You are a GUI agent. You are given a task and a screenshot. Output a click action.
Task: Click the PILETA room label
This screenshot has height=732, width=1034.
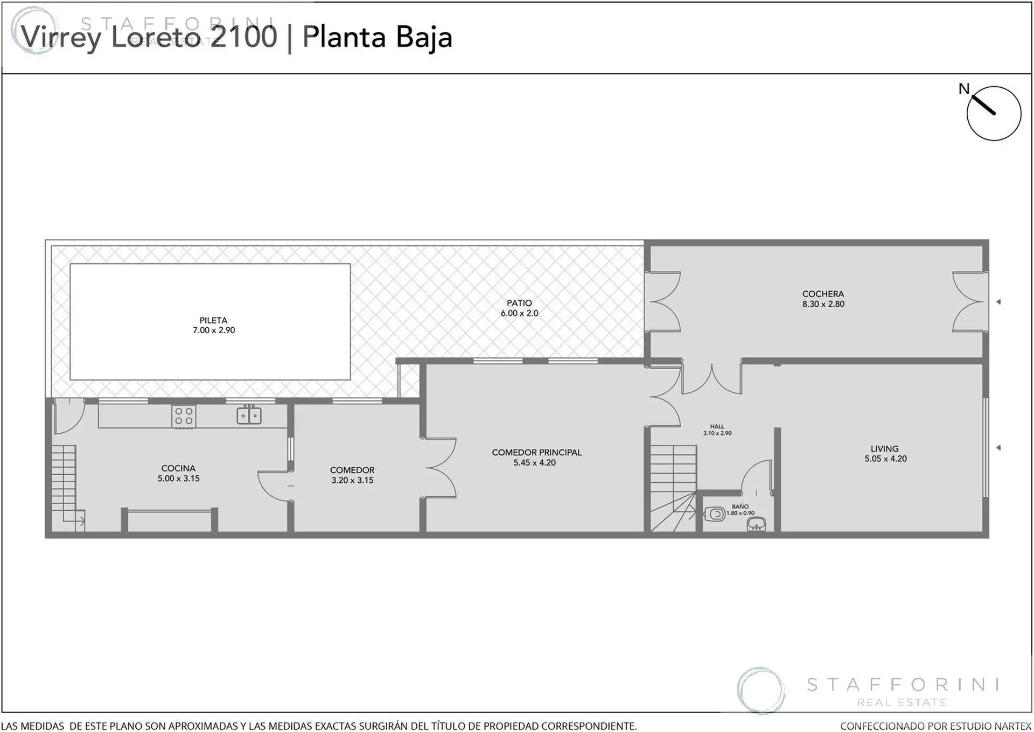tap(213, 320)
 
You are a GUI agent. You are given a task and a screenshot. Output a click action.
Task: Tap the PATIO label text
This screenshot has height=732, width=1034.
tap(519, 303)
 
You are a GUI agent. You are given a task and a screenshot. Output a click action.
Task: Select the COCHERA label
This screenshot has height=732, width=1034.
tap(823, 294)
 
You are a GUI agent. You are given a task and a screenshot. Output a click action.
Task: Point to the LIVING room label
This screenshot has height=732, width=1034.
tap(885, 448)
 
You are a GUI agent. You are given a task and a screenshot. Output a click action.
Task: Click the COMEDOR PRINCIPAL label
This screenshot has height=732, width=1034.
tap(536, 452)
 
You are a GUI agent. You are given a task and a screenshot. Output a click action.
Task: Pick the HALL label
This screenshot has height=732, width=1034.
tap(717, 426)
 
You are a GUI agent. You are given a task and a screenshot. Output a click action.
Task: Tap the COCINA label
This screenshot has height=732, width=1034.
tap(178, 468)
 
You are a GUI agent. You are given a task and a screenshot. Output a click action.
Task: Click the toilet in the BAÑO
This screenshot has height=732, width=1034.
tap(715, 514)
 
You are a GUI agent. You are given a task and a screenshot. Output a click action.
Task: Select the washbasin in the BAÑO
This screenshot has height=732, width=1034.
tap(757, 523)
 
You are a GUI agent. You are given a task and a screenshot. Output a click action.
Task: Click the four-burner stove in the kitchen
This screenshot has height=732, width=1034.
tap(184, 416)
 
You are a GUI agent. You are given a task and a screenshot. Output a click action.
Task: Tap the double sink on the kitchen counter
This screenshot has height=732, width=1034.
tap(249, 416)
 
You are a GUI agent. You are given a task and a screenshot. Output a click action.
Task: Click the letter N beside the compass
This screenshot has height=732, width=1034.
tap(964, 89)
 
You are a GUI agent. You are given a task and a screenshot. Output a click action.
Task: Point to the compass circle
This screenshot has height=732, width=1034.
tap(994, 87)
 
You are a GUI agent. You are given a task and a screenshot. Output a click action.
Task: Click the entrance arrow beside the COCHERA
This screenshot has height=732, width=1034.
tap(998, 302)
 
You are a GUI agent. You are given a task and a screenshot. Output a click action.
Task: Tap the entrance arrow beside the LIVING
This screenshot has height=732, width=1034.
tap(998, 448)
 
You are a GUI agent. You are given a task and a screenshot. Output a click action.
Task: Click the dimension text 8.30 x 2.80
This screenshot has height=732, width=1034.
tap(823, 304)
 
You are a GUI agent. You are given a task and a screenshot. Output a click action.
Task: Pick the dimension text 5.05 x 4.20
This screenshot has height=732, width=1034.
tap(885, 459)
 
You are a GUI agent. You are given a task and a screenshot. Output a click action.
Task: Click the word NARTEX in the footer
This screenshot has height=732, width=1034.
tap(1011, 726)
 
